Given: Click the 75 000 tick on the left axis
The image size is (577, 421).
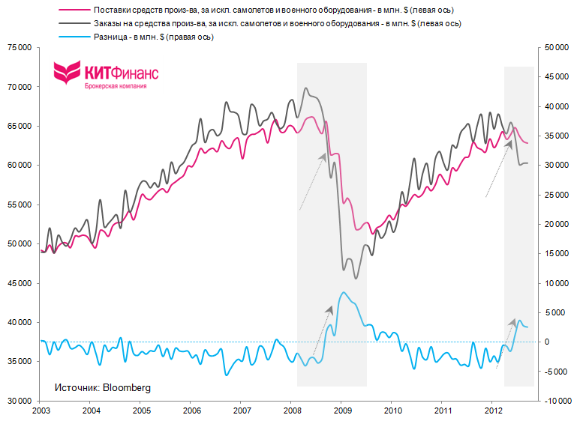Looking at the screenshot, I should [x=19, y=47].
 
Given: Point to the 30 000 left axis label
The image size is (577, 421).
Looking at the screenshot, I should [x=19, y=401].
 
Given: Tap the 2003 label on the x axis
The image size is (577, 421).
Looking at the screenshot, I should [x=41, y=411].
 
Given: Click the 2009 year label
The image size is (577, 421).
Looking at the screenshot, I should [x=342, y=411].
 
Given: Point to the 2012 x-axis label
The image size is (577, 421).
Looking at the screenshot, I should [x=493, y=411].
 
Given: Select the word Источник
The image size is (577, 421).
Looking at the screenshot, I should [x=77, y=387].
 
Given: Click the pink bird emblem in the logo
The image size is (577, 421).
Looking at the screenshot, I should [x=67, y=73].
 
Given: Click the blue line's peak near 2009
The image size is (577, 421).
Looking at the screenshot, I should [x=344, y=292].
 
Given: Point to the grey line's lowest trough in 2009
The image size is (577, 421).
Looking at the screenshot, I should [x=355, y=279].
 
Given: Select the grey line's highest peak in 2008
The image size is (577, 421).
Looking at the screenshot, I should [x=305, y=88].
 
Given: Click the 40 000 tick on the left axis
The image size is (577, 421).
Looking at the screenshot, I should [x=19, y=322].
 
